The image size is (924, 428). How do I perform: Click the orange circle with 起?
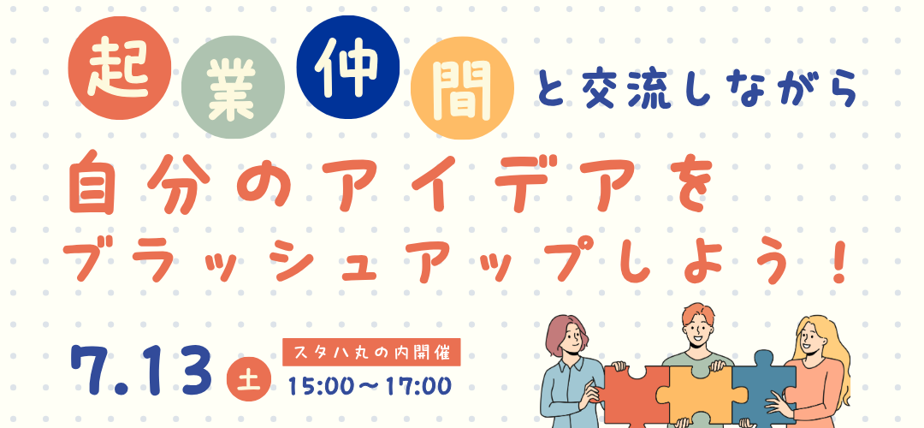pyautogui.click(x=120, y=68)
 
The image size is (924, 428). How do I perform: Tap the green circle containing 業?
pyautogui.click(x=233, y=87)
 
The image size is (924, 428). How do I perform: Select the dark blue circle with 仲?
pyautogui.click(x=348, y=67)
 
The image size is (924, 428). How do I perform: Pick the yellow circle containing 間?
pyautogui.click(x=462, y=88)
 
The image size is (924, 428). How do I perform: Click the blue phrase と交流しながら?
pyautogui.click(x=697, y=88)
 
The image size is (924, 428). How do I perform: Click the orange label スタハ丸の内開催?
pyautogui.click(x=371, y=354)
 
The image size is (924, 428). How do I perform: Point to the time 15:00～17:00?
pyautogui.click(x=370, y=386)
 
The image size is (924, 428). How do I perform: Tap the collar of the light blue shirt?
pyautogui.click(x=568, y=363)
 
